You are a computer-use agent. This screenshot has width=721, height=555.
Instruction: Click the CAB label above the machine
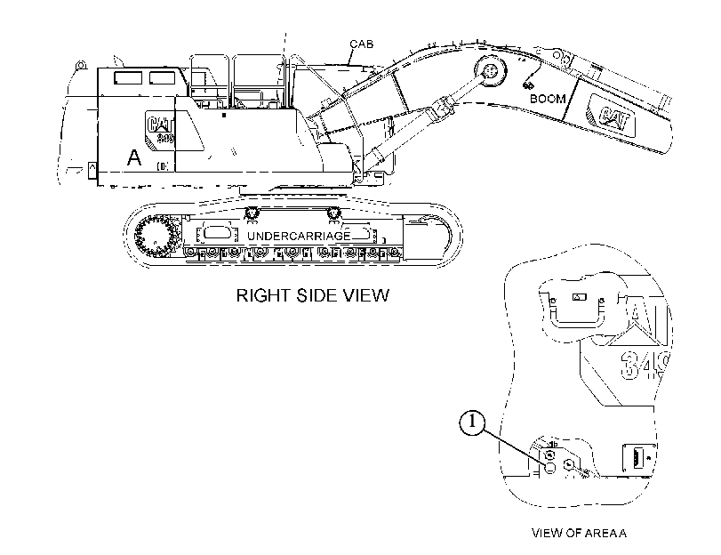362,44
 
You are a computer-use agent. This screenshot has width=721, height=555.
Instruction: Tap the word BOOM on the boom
548,99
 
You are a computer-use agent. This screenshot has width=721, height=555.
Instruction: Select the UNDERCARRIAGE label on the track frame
299,236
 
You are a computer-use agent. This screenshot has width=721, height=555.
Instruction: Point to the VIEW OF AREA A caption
579,533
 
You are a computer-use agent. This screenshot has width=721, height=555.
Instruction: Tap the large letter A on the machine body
134,157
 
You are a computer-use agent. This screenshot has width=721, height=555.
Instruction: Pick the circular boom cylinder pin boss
490,72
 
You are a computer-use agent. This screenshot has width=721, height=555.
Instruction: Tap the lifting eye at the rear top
82,65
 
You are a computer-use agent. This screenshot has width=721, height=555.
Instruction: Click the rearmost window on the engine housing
128,77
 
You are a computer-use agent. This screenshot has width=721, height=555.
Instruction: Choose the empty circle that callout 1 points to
550,468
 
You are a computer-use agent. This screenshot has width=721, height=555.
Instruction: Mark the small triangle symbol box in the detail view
579,297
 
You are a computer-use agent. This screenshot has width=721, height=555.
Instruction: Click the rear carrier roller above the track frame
251,213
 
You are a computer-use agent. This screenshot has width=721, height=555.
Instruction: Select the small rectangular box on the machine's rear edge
92,171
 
